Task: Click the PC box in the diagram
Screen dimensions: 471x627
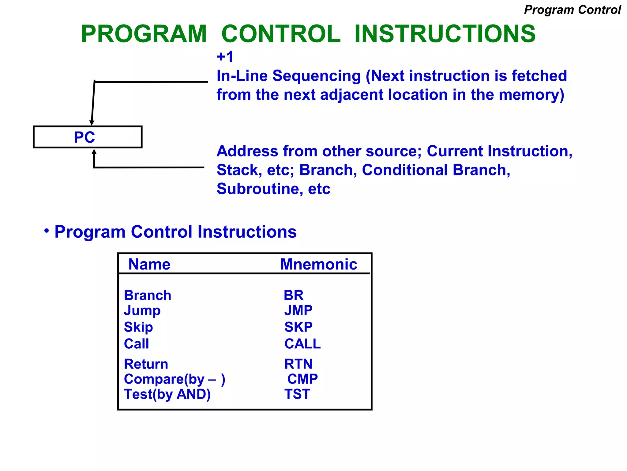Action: coord(87,137)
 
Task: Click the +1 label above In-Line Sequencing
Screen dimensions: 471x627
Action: coord(225,57)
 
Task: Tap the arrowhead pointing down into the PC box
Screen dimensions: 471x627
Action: coord(92,123)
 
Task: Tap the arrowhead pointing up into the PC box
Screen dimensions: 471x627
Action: coord(94,152)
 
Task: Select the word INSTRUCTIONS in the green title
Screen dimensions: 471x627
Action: coord(445,34)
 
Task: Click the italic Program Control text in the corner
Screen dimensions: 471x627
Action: coord(572,10)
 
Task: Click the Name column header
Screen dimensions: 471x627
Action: coord(149,264)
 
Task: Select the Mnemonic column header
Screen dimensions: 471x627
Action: coord(318,264)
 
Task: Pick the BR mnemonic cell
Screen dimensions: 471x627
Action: coord(293,295)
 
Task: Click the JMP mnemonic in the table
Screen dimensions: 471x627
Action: coord(298,310)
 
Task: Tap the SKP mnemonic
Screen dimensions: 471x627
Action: coord(298,327)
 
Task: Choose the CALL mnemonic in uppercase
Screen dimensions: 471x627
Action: coord(302,344)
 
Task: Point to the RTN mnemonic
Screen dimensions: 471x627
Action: coord(298,364)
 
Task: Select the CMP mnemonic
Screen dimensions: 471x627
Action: coord(302,379)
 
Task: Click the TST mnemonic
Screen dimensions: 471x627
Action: coord(297,394)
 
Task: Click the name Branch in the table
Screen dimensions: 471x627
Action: coord(147,295)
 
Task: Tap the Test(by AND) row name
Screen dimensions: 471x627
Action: coord(167,394)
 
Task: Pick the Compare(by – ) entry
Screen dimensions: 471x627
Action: coord(175,379)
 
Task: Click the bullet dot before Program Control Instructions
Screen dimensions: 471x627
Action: coord(46,231)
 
